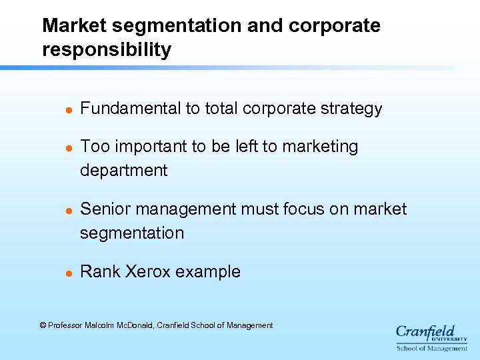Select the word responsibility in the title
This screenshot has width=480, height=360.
click(x=107, y=50)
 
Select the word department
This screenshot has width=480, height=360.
click(x=123, y=171)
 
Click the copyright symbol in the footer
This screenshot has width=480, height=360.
click(x=43, y=325)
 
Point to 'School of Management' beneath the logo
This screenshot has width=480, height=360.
click(x=432, y=348)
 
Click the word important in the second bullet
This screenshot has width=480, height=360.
click(x=145, y=147)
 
